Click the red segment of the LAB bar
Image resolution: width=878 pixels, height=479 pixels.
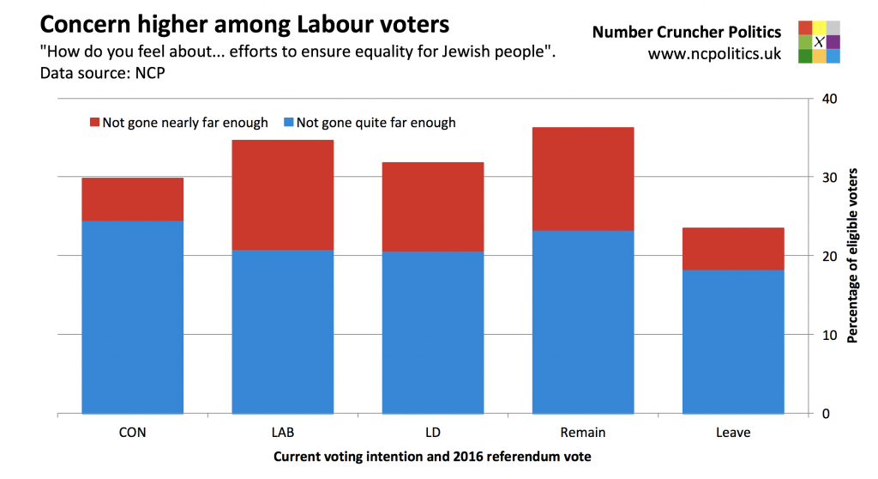click(x=282, y=195)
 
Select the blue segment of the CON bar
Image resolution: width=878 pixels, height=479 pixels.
click(x=132, y=317)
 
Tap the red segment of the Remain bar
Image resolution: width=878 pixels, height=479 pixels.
click(x=582, y=179)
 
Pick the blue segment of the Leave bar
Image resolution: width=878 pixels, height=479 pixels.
click(x=732, y=342)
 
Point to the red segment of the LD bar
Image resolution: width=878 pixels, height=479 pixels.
click(x=432, y=207)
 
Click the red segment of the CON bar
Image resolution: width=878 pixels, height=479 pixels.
click(x=132, y=199)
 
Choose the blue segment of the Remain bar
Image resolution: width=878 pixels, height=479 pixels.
click(x=582, y=322)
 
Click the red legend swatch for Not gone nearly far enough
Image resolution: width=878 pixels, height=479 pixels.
click(x=94, y=123)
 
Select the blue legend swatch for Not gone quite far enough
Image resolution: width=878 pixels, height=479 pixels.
click(x=289, y=123)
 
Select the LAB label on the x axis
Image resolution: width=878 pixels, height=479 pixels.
click(x=282, y=433)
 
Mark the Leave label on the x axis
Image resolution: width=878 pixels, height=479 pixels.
click(x=732, y=433)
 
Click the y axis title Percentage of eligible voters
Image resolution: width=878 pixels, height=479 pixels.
click(x=852, y=256)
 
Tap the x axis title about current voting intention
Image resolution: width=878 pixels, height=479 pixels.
click(x=432, y=458)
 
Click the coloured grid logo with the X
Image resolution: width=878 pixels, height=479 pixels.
click(x=819, y=42)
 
